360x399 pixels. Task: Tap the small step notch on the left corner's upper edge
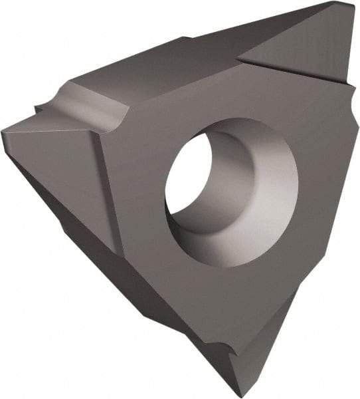pyautogui.click(x=41, y=106)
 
